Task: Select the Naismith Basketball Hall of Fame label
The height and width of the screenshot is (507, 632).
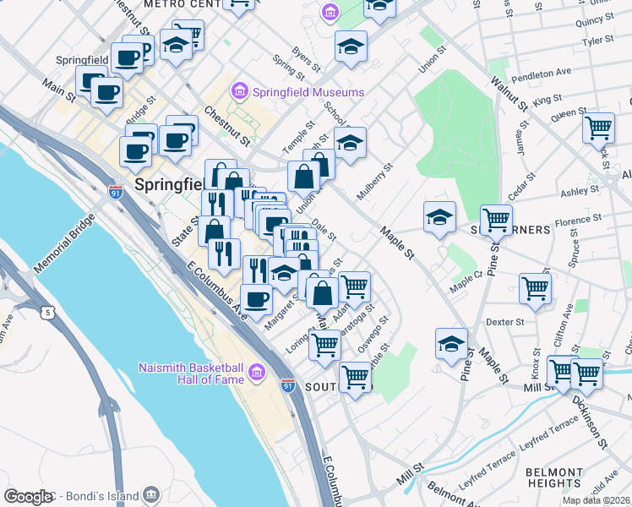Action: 192,373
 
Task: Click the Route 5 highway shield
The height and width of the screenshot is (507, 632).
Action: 49,313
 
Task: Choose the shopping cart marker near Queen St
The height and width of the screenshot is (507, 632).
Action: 598,129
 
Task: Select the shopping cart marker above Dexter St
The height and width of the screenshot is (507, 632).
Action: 536,288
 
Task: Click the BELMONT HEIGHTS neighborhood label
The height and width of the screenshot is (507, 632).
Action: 554,477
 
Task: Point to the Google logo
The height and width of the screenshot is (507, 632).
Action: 28,497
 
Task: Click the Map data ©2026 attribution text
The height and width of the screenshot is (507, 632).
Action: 595,499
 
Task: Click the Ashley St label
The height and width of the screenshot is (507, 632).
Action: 580,192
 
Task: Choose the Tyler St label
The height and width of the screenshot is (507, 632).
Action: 597,40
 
